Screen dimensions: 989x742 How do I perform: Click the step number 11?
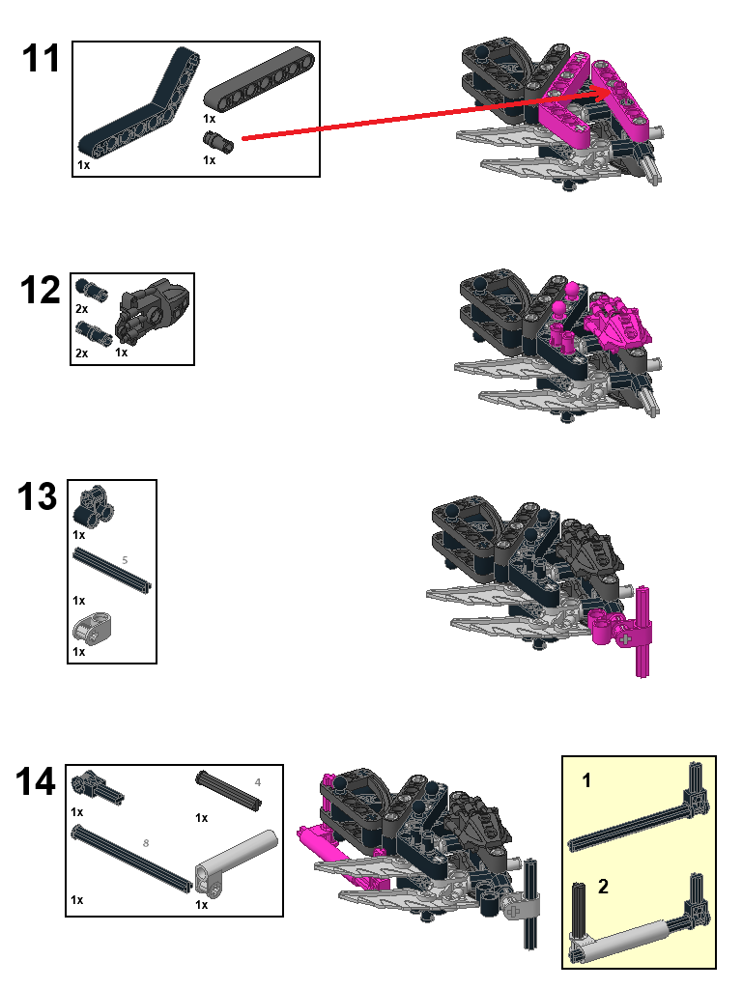tap(41, 60)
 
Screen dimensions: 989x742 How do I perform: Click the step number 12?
tap(41, 290)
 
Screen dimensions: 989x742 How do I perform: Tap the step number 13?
tap(38, 497)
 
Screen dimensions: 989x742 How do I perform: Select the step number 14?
tap(37, 781)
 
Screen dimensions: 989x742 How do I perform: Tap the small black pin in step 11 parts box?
tap(218, 142)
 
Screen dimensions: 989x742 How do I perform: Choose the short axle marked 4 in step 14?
tap(229, 791)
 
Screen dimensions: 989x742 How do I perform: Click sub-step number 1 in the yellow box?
tap(586, 782)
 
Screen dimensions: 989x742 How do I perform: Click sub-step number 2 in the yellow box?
tap(604, 887)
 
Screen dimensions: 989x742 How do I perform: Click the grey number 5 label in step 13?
tap(124, 559)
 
